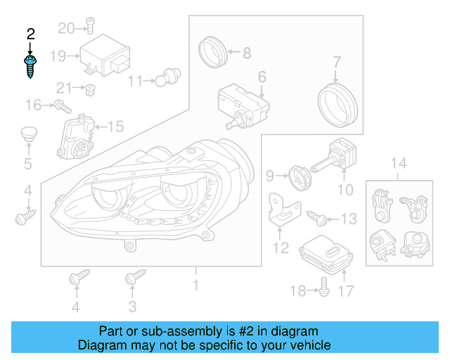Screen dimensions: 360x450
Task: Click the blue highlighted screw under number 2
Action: pos(30,67)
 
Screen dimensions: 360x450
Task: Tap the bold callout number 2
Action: pos(30,34)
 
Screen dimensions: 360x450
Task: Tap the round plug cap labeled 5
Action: pos(28,134)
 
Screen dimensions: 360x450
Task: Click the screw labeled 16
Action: pos(63,107)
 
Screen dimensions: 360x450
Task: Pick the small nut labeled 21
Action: pos(90,89)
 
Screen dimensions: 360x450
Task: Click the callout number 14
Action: pos(398,165)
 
